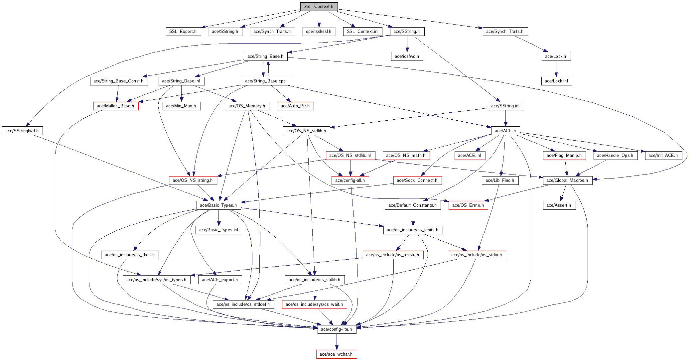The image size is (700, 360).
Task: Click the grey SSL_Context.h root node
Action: point(319,7)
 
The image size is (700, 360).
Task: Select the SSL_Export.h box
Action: point(183,32)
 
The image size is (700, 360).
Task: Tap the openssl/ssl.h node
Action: point(319,32)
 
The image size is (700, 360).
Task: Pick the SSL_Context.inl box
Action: point(362,32)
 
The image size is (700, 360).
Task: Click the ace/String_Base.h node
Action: point(265,57)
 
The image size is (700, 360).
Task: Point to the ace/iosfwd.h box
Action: point(407,57)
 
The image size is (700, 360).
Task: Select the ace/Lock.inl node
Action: point(556,81)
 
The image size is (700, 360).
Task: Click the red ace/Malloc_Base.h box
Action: point(116,106)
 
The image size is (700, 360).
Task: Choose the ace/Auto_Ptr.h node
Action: point(295,106)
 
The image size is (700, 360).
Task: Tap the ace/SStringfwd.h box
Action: point(22,131)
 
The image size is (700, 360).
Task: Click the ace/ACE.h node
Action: point(505,131)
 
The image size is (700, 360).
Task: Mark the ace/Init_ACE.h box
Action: point(663,156)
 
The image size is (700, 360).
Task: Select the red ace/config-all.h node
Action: point(350,180)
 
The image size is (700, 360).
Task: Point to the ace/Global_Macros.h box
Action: point(567,180)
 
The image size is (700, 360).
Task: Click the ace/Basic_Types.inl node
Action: point(219,230)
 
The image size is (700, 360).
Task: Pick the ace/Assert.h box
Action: point(559,205)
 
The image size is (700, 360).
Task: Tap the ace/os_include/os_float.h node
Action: point(130,255)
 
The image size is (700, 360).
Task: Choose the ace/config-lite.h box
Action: point(337,329)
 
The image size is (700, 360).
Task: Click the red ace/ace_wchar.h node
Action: point(336,354)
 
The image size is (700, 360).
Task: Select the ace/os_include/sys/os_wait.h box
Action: point(314,304)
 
